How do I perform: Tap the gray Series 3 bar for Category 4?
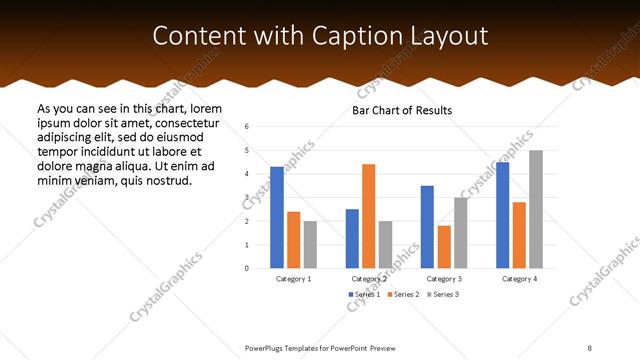point(536,209)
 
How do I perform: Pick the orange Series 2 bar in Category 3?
point(444,247)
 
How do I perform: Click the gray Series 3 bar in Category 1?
point(310,244)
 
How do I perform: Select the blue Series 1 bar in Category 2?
point(352,238)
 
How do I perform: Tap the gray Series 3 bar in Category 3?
point(461,233)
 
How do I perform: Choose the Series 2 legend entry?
point(403,295)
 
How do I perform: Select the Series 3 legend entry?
point(443,295)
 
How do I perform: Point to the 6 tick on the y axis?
point(247,127)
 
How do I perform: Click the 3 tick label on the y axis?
point(247,197)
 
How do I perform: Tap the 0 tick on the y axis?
point(247,268)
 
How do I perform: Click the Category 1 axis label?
point(294,279)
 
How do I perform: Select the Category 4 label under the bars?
point(519,279)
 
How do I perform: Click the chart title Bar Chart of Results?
point(402,110)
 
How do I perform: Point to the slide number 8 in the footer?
point(590,348)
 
